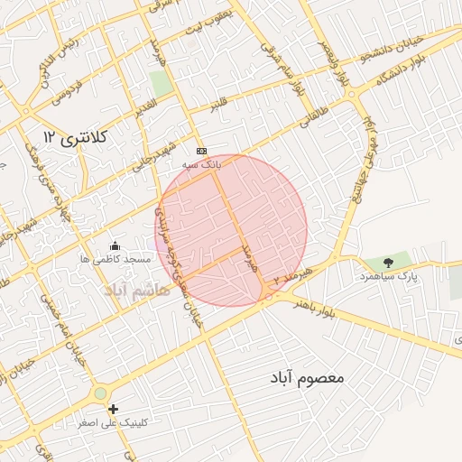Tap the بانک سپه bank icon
201,152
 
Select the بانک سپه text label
200,165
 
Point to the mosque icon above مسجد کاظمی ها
115,245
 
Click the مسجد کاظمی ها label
114,259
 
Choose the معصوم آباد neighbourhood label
307,377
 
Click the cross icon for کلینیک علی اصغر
113,410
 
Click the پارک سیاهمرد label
393,277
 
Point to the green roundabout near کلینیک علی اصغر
100,393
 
